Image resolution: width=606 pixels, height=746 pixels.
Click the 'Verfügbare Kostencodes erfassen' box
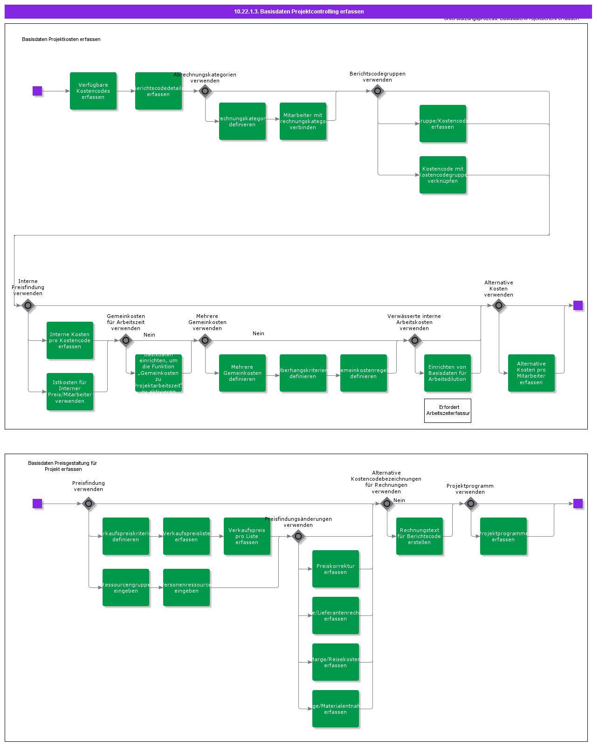(93, 91)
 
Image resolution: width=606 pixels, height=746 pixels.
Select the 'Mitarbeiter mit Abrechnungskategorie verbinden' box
(303, 121)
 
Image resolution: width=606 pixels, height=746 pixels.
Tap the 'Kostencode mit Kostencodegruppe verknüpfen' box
(443, 175)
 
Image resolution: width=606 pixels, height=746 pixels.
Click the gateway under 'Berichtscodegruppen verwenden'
(378, 91)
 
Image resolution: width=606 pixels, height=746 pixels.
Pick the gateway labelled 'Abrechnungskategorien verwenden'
(205, 91)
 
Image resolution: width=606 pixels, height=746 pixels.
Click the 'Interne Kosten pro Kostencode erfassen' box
(70, 340)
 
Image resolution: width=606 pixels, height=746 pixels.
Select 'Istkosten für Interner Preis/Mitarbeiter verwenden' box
(70, 392)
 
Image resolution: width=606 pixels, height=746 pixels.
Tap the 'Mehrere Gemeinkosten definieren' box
(242, 373)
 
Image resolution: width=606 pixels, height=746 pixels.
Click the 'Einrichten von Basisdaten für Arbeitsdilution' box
(448, 373)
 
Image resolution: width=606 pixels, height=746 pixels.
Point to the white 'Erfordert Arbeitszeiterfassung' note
(448, 410)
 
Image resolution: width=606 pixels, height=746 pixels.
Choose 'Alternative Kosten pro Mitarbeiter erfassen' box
(531, 373)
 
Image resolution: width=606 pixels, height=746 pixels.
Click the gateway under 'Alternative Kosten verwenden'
(499, 305)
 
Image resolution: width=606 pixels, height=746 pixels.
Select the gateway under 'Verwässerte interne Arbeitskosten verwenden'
(415, 340)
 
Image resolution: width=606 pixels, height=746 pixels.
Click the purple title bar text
(299, 12)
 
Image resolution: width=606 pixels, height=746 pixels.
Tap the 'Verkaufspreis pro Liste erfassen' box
(247, 536)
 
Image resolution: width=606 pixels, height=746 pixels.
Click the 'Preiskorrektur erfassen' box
(336, 569)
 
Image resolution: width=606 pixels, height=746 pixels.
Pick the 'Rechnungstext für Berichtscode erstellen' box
(420, 536)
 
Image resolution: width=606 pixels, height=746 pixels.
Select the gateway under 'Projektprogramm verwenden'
(471, 504)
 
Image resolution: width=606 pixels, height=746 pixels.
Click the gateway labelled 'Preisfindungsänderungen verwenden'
(298, 536)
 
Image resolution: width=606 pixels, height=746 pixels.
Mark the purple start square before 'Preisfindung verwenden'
(37, 504)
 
